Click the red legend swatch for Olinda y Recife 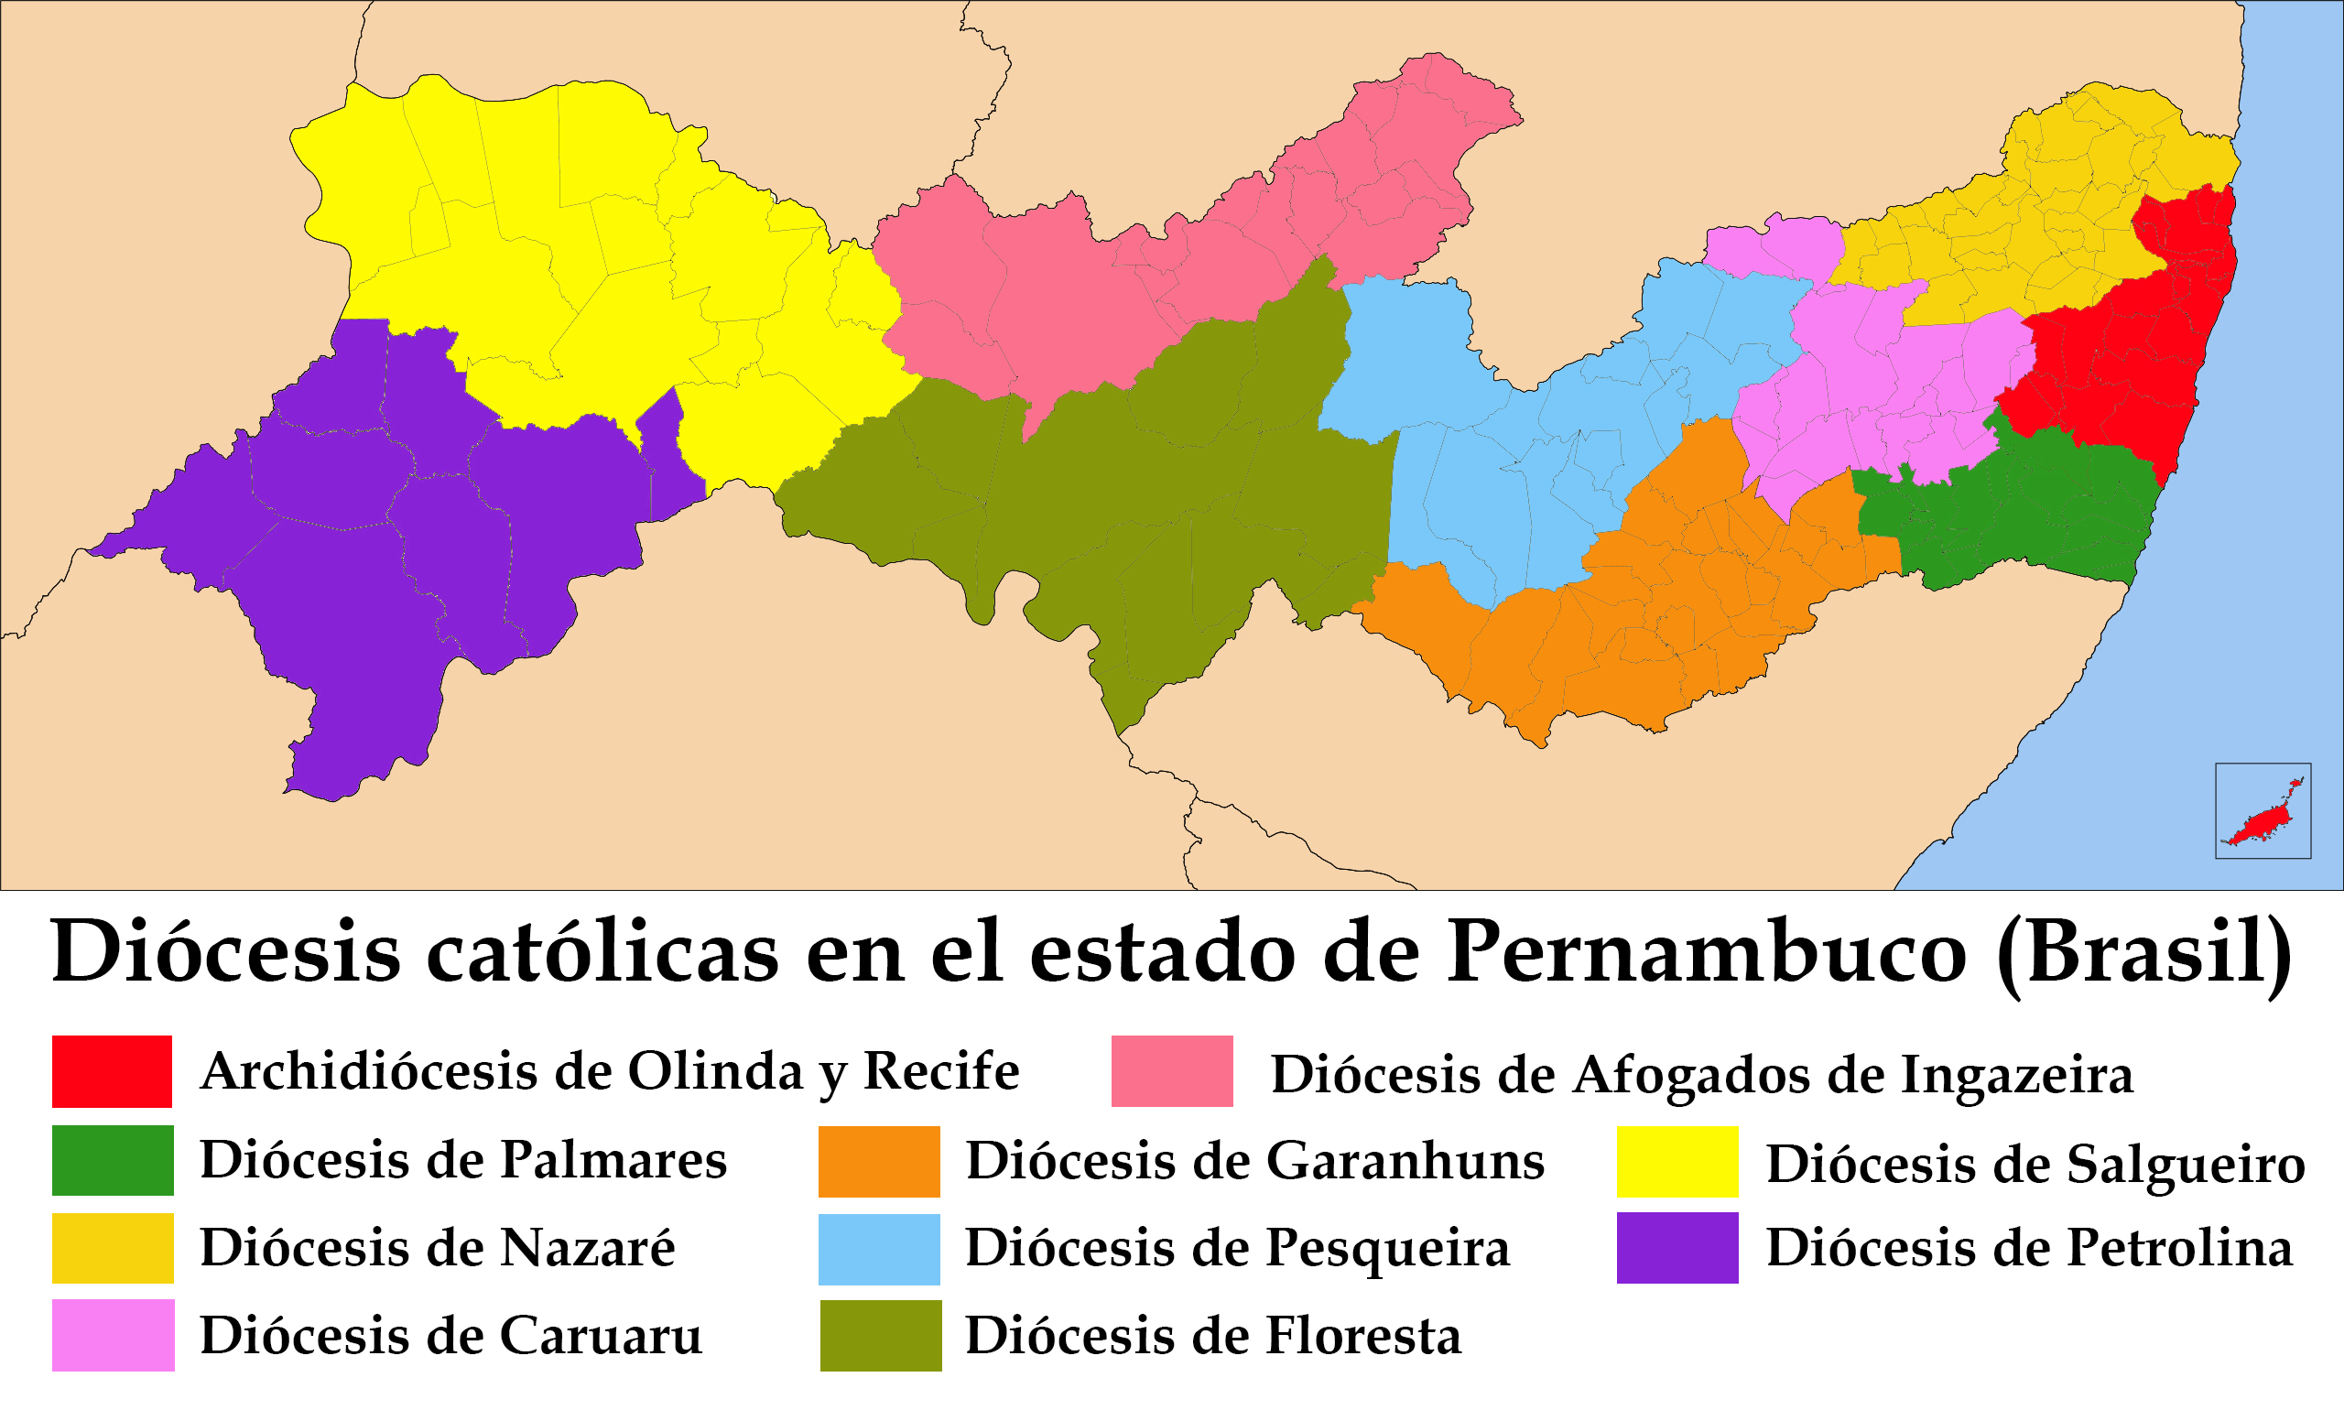(x=112, y=1071)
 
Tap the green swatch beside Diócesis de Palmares (x=112, y=1159)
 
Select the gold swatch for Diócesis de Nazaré (x=112, y=1248)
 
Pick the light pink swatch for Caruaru (x=112, y=1335)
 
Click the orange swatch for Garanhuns (x=879, y=1160)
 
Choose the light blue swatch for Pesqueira (x=879, y=1249)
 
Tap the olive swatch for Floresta (x=880, y=1335)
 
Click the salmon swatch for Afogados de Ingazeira (x=1171, y=1071)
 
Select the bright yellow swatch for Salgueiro (x=1677, y=1161)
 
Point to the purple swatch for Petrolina (x=1677, y=1248)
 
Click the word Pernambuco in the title (x=1706, y=953)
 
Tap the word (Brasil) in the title (x=2143, y=953)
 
